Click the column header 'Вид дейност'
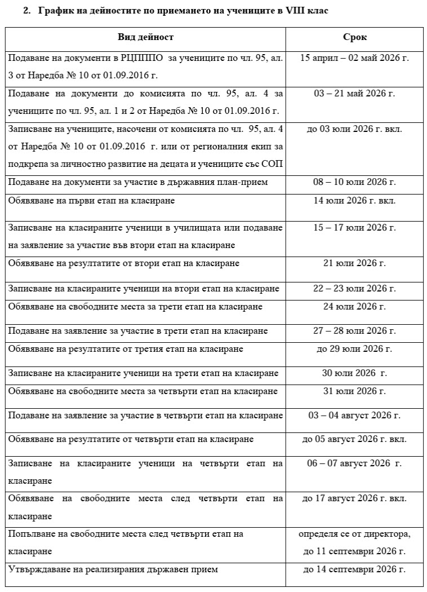(145, 37)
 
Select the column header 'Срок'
(354, 37)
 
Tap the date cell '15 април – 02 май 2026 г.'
(354, 58)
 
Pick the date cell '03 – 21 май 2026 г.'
(354, 93)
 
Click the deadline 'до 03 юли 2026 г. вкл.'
(354, 129)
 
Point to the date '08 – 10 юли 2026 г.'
(354, 182)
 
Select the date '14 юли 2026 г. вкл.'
(354, 200)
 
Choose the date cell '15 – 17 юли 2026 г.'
(354, 227)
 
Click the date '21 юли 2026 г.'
(354, 263)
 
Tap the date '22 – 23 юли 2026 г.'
(354, 288)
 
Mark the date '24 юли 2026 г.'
(354, 306)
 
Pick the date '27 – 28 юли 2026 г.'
(354, 330)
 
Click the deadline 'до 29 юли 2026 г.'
(354, 348)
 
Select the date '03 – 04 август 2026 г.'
(354, 415)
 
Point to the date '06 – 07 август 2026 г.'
(354, 463)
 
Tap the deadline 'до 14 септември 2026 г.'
(354, 569)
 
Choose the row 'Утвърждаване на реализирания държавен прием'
(113, 569)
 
